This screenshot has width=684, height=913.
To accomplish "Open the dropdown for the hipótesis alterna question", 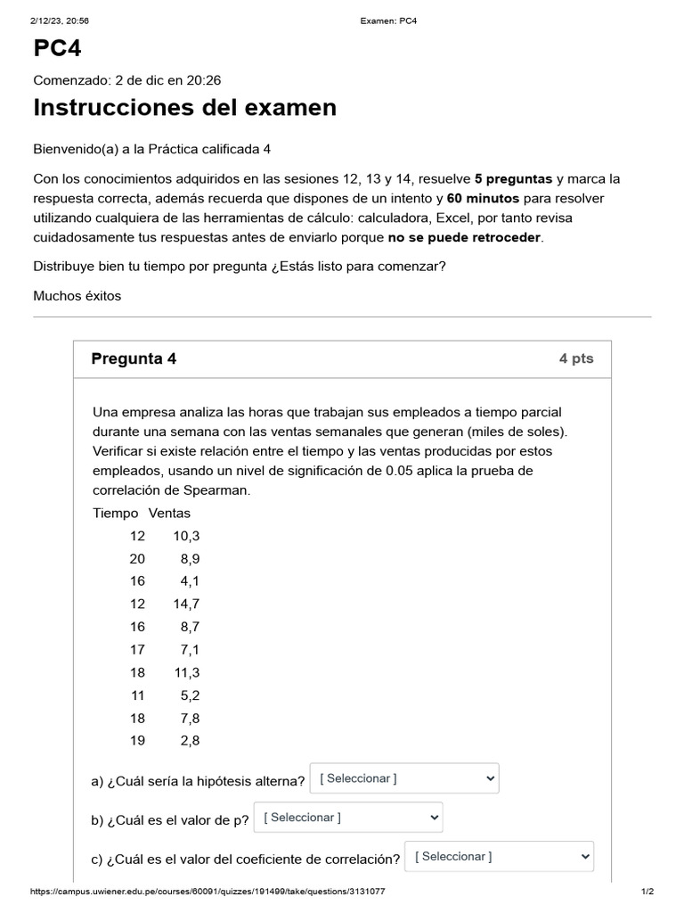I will point(403,778).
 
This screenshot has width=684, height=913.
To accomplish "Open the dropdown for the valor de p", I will point(347,818).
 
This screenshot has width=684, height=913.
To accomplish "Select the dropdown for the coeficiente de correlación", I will point(498,857).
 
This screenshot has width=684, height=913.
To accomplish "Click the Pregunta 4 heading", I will point(134,358).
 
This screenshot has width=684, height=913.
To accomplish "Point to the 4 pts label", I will point(575,358).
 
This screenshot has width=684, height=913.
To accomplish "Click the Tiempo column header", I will point(116,513).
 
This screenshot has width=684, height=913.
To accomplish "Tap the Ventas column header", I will point(169,513).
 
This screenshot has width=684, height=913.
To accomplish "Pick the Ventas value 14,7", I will point(186,604).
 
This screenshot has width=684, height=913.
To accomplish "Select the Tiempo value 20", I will point(136,558).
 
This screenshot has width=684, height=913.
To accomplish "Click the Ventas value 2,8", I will point(190,740).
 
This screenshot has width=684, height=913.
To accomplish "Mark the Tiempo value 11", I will point(136,695).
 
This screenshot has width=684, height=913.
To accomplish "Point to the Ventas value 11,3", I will point(186,671).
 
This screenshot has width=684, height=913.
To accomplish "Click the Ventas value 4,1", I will point(190,580).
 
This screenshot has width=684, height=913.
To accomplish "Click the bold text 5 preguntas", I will point(513,178).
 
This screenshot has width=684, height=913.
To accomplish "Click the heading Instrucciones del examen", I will point(184,108).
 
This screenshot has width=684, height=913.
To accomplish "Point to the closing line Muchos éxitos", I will point(77,295).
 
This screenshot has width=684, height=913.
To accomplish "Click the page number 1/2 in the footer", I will point(647,892).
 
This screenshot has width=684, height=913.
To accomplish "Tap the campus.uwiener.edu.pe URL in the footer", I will point(208,892).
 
